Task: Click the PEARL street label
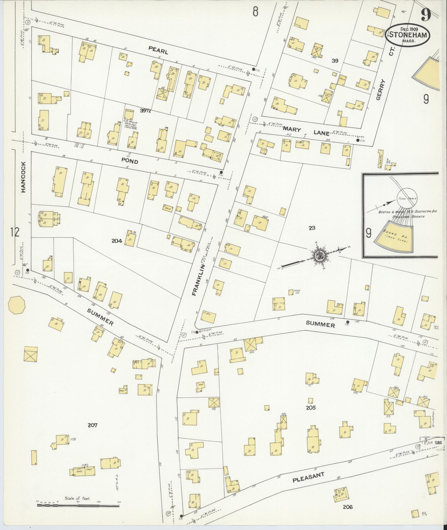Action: (x=158, y=50)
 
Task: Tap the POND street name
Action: (x=130, y=161)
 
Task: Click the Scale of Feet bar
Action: (x=78, y=505)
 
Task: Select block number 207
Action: (x=92, y=433)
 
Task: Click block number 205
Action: (x=311, y=408)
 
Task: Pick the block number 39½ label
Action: (x=146, y=111)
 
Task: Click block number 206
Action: (x=348, y=507)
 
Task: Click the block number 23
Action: (x=312, y=228)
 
